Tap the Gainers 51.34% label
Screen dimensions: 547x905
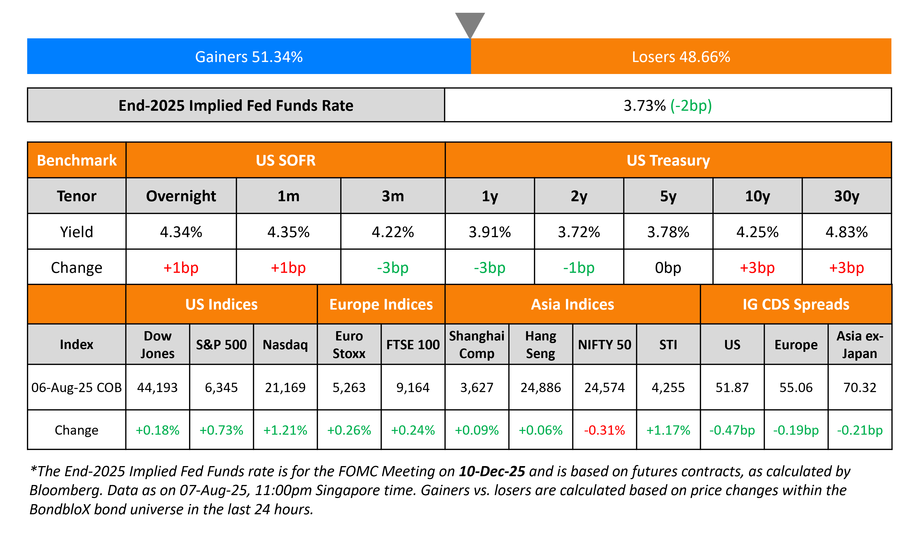[x=249, y=57]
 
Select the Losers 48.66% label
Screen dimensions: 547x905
[x=681, y=57]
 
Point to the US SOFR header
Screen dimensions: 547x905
[x=285, y=160]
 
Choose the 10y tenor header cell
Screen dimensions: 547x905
[x=757, y=196]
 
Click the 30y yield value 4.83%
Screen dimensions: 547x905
[x=846, y=232]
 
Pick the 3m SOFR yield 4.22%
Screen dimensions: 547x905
[x=393, y=232]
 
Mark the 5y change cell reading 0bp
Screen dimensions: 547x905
[x=668, y=268]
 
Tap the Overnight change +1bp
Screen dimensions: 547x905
[x=181, y=268]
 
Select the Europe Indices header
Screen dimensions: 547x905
[x=381, y=305]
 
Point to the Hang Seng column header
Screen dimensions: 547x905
[x=540, y=344]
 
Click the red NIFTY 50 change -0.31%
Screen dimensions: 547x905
[x=604, y=430]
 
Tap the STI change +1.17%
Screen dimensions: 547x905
[x=668, y=430]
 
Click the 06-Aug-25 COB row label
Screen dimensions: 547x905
[x=77, y=387]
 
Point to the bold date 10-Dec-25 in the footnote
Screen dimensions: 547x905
[x=492, y=471]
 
